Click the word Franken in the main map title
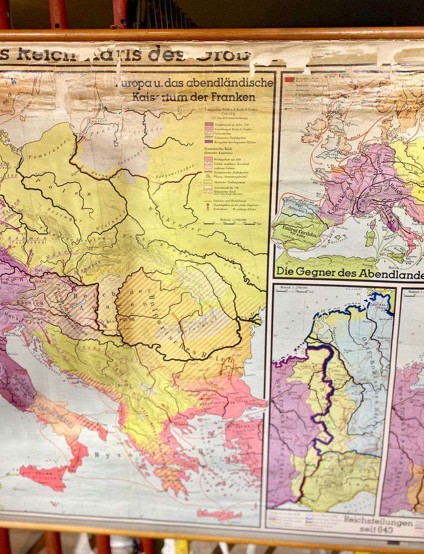(238, 97)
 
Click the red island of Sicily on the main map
(45, 476)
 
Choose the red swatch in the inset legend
(289, 80)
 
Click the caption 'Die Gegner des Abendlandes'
(348, 271)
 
